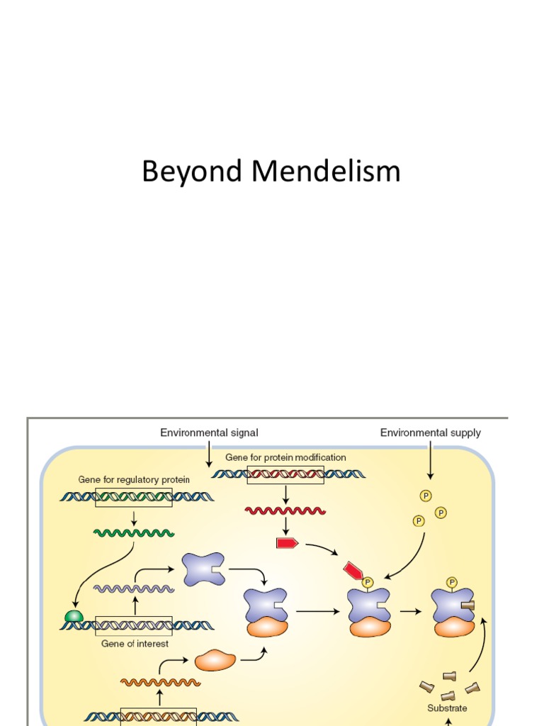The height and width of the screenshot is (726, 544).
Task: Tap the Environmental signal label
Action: [x=209, y=432]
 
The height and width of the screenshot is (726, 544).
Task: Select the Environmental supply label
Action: [x=430, y=432]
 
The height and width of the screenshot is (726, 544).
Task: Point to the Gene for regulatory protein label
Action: [x=134, y=480]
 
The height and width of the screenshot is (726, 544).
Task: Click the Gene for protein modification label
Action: [x=285, y=458]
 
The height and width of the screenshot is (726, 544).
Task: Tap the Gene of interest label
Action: [x=135, y=644]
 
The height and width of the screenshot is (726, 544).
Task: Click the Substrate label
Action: [x=447, y=708]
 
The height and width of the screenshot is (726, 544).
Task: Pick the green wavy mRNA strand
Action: [x=135, y=532]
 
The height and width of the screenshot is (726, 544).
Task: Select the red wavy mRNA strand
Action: [x=285, y=510]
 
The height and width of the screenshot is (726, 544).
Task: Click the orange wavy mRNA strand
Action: [x=160, y=682]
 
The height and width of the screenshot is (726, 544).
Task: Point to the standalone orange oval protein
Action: [x=215, y=660]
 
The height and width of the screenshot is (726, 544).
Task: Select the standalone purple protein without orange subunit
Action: [x=203, y=569]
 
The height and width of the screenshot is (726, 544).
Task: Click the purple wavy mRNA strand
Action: [x=135, y=588]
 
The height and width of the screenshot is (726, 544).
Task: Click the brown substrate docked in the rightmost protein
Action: [x=467, y=605]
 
